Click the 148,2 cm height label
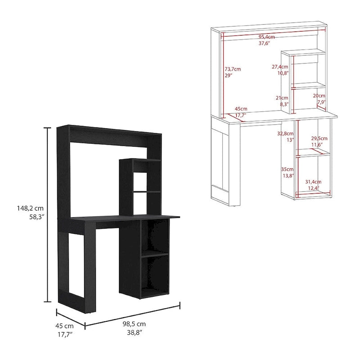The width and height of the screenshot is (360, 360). point(28,208)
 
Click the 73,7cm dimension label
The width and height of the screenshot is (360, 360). point(233,69)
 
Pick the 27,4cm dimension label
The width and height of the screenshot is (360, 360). point(280,66)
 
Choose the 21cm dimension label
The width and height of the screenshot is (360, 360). point(282,98)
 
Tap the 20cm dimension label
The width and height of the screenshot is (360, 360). point(319,96)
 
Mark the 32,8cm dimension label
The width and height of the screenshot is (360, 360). point(285,134)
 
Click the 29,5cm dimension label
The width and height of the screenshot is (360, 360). point(319,138)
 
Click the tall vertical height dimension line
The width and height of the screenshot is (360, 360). point(47,214)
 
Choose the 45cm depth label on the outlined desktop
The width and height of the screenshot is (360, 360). point(241,109)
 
